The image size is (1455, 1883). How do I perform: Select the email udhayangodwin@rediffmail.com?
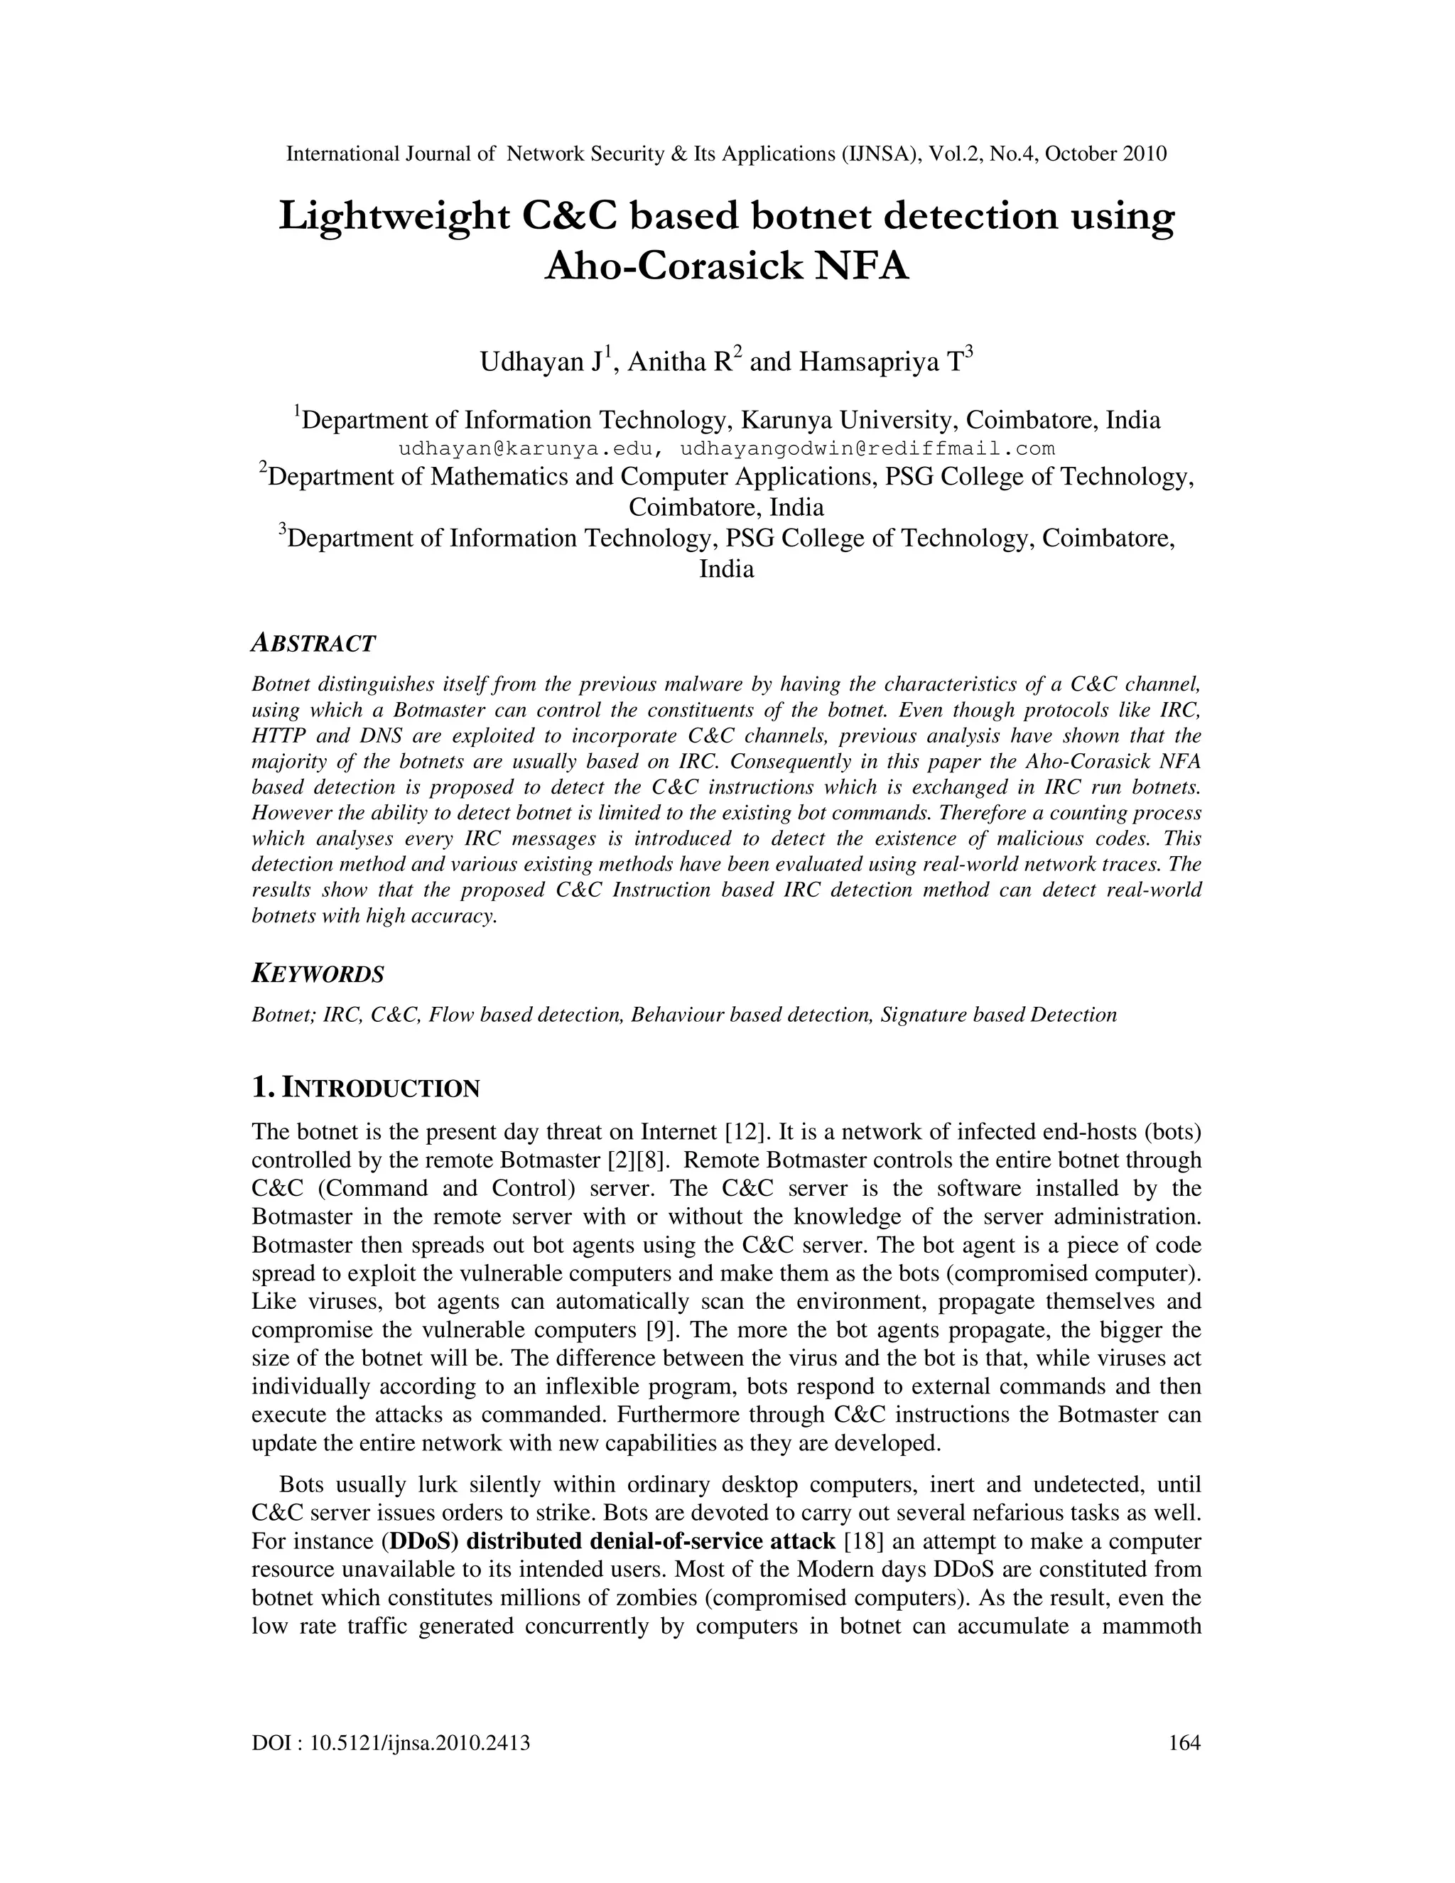pos(867,449)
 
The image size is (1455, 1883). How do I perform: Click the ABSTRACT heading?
pos(314,643)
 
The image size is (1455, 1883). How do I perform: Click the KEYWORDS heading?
pos(317,975)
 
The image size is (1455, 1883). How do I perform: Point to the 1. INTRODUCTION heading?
pos(365,1088)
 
